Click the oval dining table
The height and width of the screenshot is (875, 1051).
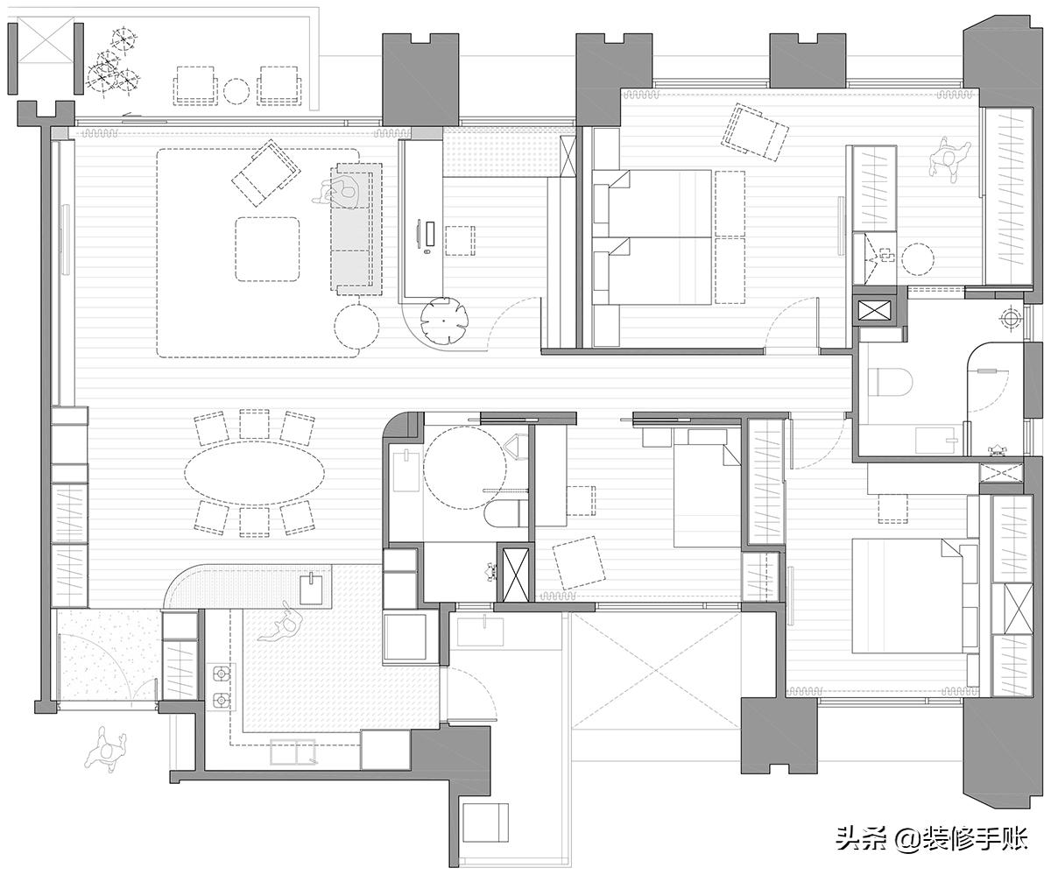254,473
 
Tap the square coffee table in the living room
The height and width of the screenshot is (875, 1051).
267,249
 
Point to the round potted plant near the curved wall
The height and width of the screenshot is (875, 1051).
445,321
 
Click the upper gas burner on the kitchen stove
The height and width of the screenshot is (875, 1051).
221,672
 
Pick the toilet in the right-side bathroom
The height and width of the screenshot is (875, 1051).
890,381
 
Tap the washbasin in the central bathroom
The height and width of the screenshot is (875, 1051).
406,470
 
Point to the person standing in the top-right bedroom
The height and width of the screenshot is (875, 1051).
949,160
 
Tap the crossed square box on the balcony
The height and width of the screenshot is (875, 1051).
46,41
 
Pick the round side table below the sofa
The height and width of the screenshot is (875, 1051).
356,326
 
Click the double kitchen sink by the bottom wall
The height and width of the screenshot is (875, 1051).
293,752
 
